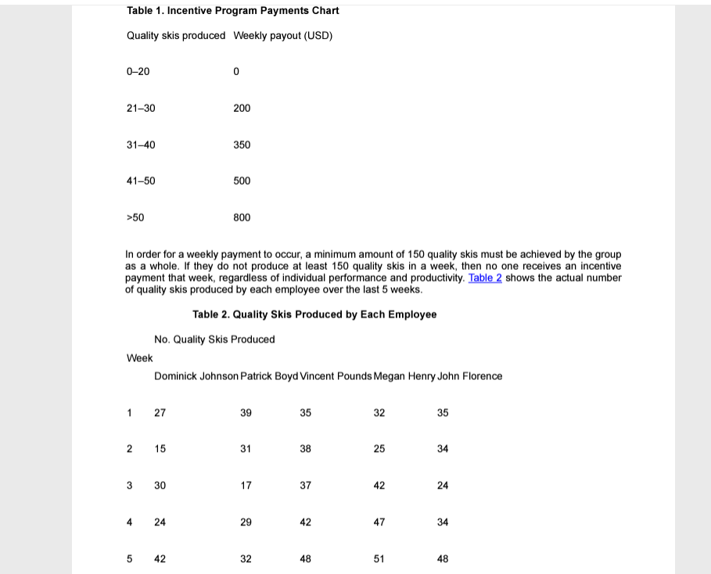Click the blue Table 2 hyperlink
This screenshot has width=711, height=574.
[485, 278]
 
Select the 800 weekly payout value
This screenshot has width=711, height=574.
[242, 217]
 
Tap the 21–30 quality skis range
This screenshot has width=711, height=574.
[141, 108]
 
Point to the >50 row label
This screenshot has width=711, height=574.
[135, 217]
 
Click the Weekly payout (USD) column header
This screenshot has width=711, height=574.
[282, 36]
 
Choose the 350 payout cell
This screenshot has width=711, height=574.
[242, 145]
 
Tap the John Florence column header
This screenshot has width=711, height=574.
[470, 376]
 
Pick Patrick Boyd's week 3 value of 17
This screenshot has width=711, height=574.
[246, 486]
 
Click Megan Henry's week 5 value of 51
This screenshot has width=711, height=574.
[379, 559]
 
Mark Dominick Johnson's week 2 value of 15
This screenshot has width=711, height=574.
[160, 449]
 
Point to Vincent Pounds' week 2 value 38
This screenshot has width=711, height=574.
[305, 449]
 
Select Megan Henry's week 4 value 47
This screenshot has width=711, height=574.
[379, 522]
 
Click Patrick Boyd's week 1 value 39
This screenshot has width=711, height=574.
[246, 413]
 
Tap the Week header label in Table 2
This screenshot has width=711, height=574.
[140, 358]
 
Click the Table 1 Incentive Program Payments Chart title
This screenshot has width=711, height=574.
[232, 11]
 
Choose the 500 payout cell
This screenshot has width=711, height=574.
[242, 181]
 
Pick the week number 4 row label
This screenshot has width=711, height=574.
[130, 522]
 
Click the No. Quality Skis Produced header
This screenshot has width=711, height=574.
[214, 339]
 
